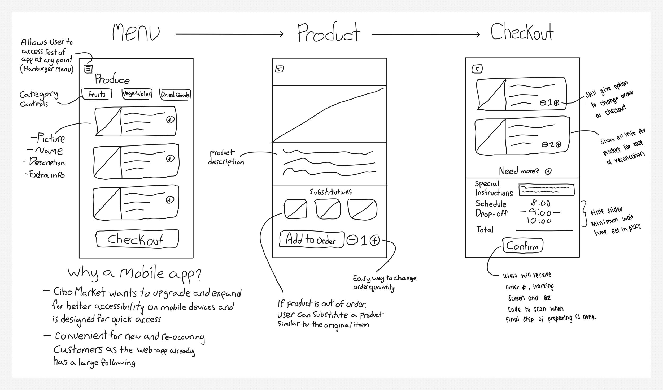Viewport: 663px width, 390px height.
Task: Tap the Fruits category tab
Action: tap(97, 94)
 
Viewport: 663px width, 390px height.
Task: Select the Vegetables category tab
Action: tap(137, 94)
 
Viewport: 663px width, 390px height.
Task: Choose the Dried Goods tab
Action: tap(175, 95)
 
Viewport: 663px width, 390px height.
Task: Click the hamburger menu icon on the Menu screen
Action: tap(88, 69)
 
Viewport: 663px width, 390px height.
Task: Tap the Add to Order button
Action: tap(311, 239)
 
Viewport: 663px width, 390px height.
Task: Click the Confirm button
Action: tap(522, 246)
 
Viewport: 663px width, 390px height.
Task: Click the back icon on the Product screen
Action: tap(280, 69)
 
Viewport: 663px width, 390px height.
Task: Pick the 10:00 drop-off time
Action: tap(539, 221)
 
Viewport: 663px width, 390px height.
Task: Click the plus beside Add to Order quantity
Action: tap(375, 241)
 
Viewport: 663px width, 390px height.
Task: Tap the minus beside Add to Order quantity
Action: tap(352, 241)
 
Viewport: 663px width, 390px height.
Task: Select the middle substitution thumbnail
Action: tap(328, 209)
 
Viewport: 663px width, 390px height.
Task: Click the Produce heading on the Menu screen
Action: tap(112, 79)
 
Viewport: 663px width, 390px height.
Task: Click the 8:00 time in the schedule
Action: tap(540, 204)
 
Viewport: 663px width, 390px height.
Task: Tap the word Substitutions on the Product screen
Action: tap(330, 192)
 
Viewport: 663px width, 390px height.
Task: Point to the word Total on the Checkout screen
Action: tap(485, 229)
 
